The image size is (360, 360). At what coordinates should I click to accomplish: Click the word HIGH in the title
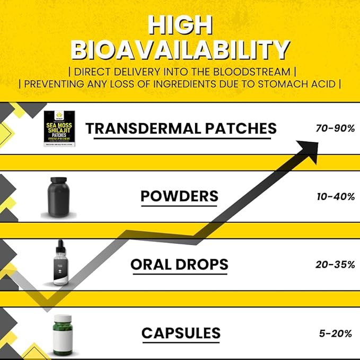click(x=180, y=25)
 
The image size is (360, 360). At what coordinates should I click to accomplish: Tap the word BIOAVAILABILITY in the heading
click(x=180, y=50)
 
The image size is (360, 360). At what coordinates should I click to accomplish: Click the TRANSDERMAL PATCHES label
click(x=181, y=128)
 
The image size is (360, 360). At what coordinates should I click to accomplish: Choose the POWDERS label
click(x=179, y=196)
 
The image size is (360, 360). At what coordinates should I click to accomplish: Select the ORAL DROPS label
click(x=179, y=264)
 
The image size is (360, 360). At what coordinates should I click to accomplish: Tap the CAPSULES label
click(x=180, y=333)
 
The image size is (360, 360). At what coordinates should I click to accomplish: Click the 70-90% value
click(x=334, y=128)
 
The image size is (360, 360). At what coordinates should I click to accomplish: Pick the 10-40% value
click(x=334, y=197)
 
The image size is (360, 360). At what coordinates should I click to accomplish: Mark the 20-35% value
click(x=335, y=265)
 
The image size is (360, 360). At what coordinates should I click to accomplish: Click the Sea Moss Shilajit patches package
click(x=59, y=128)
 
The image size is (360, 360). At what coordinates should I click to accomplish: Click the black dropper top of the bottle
click(x=61, y=248)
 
